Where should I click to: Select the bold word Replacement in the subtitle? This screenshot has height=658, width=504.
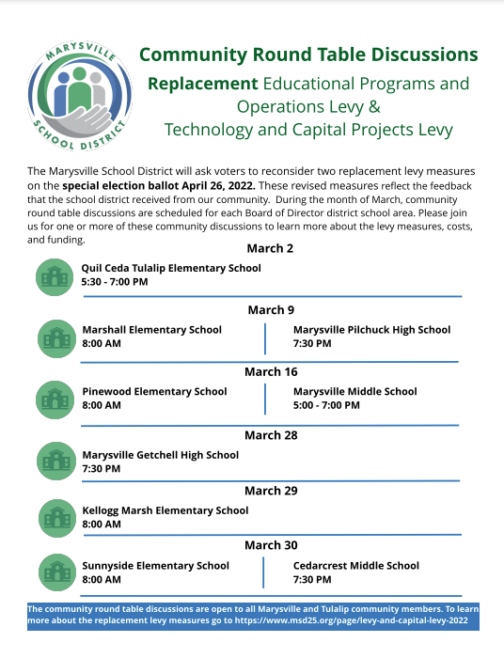(x=202, y=84)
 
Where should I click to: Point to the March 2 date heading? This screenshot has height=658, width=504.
(x=270, y=248)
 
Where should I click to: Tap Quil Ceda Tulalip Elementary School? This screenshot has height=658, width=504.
(x=171, y=268)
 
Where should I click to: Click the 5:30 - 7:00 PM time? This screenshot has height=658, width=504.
(x=115, y=282)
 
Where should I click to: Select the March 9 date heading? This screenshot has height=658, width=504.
(x=271, y=310)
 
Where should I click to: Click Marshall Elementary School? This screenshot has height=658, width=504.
(x=152, y=330)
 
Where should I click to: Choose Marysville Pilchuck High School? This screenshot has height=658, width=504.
(x=371, y=330)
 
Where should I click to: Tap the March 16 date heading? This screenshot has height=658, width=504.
(x=271, y=372)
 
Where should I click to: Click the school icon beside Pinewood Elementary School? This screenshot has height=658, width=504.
(x=55, y=399)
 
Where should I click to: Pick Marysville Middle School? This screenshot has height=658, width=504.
(x=354, y=391)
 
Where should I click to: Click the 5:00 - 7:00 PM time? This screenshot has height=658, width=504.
(x=326, y=405)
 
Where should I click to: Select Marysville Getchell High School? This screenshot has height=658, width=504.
(x=161, y=455)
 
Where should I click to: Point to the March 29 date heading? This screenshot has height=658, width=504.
(x=271, y=491)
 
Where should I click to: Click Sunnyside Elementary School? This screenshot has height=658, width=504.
(x=156, y=566)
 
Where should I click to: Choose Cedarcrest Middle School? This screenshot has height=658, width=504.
(x=356, y=566)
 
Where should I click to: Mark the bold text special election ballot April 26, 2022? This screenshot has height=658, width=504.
(x=159, y=185)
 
